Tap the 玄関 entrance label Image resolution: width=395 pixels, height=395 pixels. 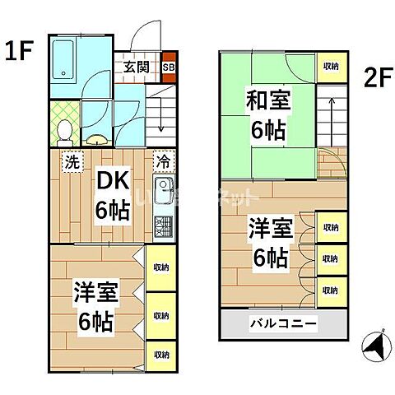coord(137,67)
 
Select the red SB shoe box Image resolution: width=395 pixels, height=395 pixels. coord(169,67)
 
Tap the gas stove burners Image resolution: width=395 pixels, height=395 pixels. coord(163,226)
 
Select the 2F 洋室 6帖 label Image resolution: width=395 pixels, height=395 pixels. coord(267,244)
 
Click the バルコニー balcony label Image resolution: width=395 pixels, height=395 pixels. coord(283,324)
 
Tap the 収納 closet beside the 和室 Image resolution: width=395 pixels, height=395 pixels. coord(331,67)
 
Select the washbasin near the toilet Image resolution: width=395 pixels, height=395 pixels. coord(96,138)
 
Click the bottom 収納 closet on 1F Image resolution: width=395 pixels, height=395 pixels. coord(160,354)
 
